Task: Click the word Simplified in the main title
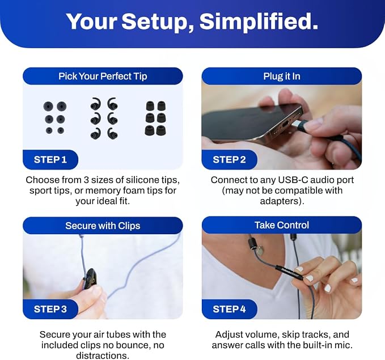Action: click(259, 22)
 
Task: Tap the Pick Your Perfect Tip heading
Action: click(103, 76)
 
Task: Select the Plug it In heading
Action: click(282, 76)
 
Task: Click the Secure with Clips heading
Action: click(103, 226)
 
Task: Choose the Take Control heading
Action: click(282, 225)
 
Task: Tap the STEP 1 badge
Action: click(50, 160)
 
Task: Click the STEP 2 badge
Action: click(229, 160)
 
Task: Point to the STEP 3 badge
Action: click(50, 309)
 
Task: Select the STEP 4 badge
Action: click(229, 309)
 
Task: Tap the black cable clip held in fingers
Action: click(90, 279)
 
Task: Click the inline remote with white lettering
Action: click(289, 272)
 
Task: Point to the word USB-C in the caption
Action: click(293, 180)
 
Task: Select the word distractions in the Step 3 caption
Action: click(103, 355)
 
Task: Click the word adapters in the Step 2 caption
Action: click(282, 201)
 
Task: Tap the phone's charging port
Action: click(286, 125)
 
